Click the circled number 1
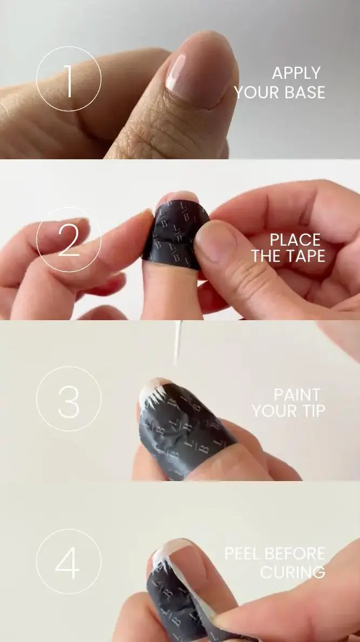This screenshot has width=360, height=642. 69,79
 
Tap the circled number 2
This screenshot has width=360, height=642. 69,240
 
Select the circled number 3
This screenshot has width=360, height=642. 69,399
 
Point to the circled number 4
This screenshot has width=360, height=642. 69,562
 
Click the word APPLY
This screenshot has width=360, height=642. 296,73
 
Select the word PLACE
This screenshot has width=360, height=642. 295,240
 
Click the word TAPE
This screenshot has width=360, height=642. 305,256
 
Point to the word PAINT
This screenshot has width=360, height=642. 297,395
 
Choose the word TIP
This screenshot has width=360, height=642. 313,411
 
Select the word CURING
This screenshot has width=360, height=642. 293,572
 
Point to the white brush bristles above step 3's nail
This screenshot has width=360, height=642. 178,342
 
